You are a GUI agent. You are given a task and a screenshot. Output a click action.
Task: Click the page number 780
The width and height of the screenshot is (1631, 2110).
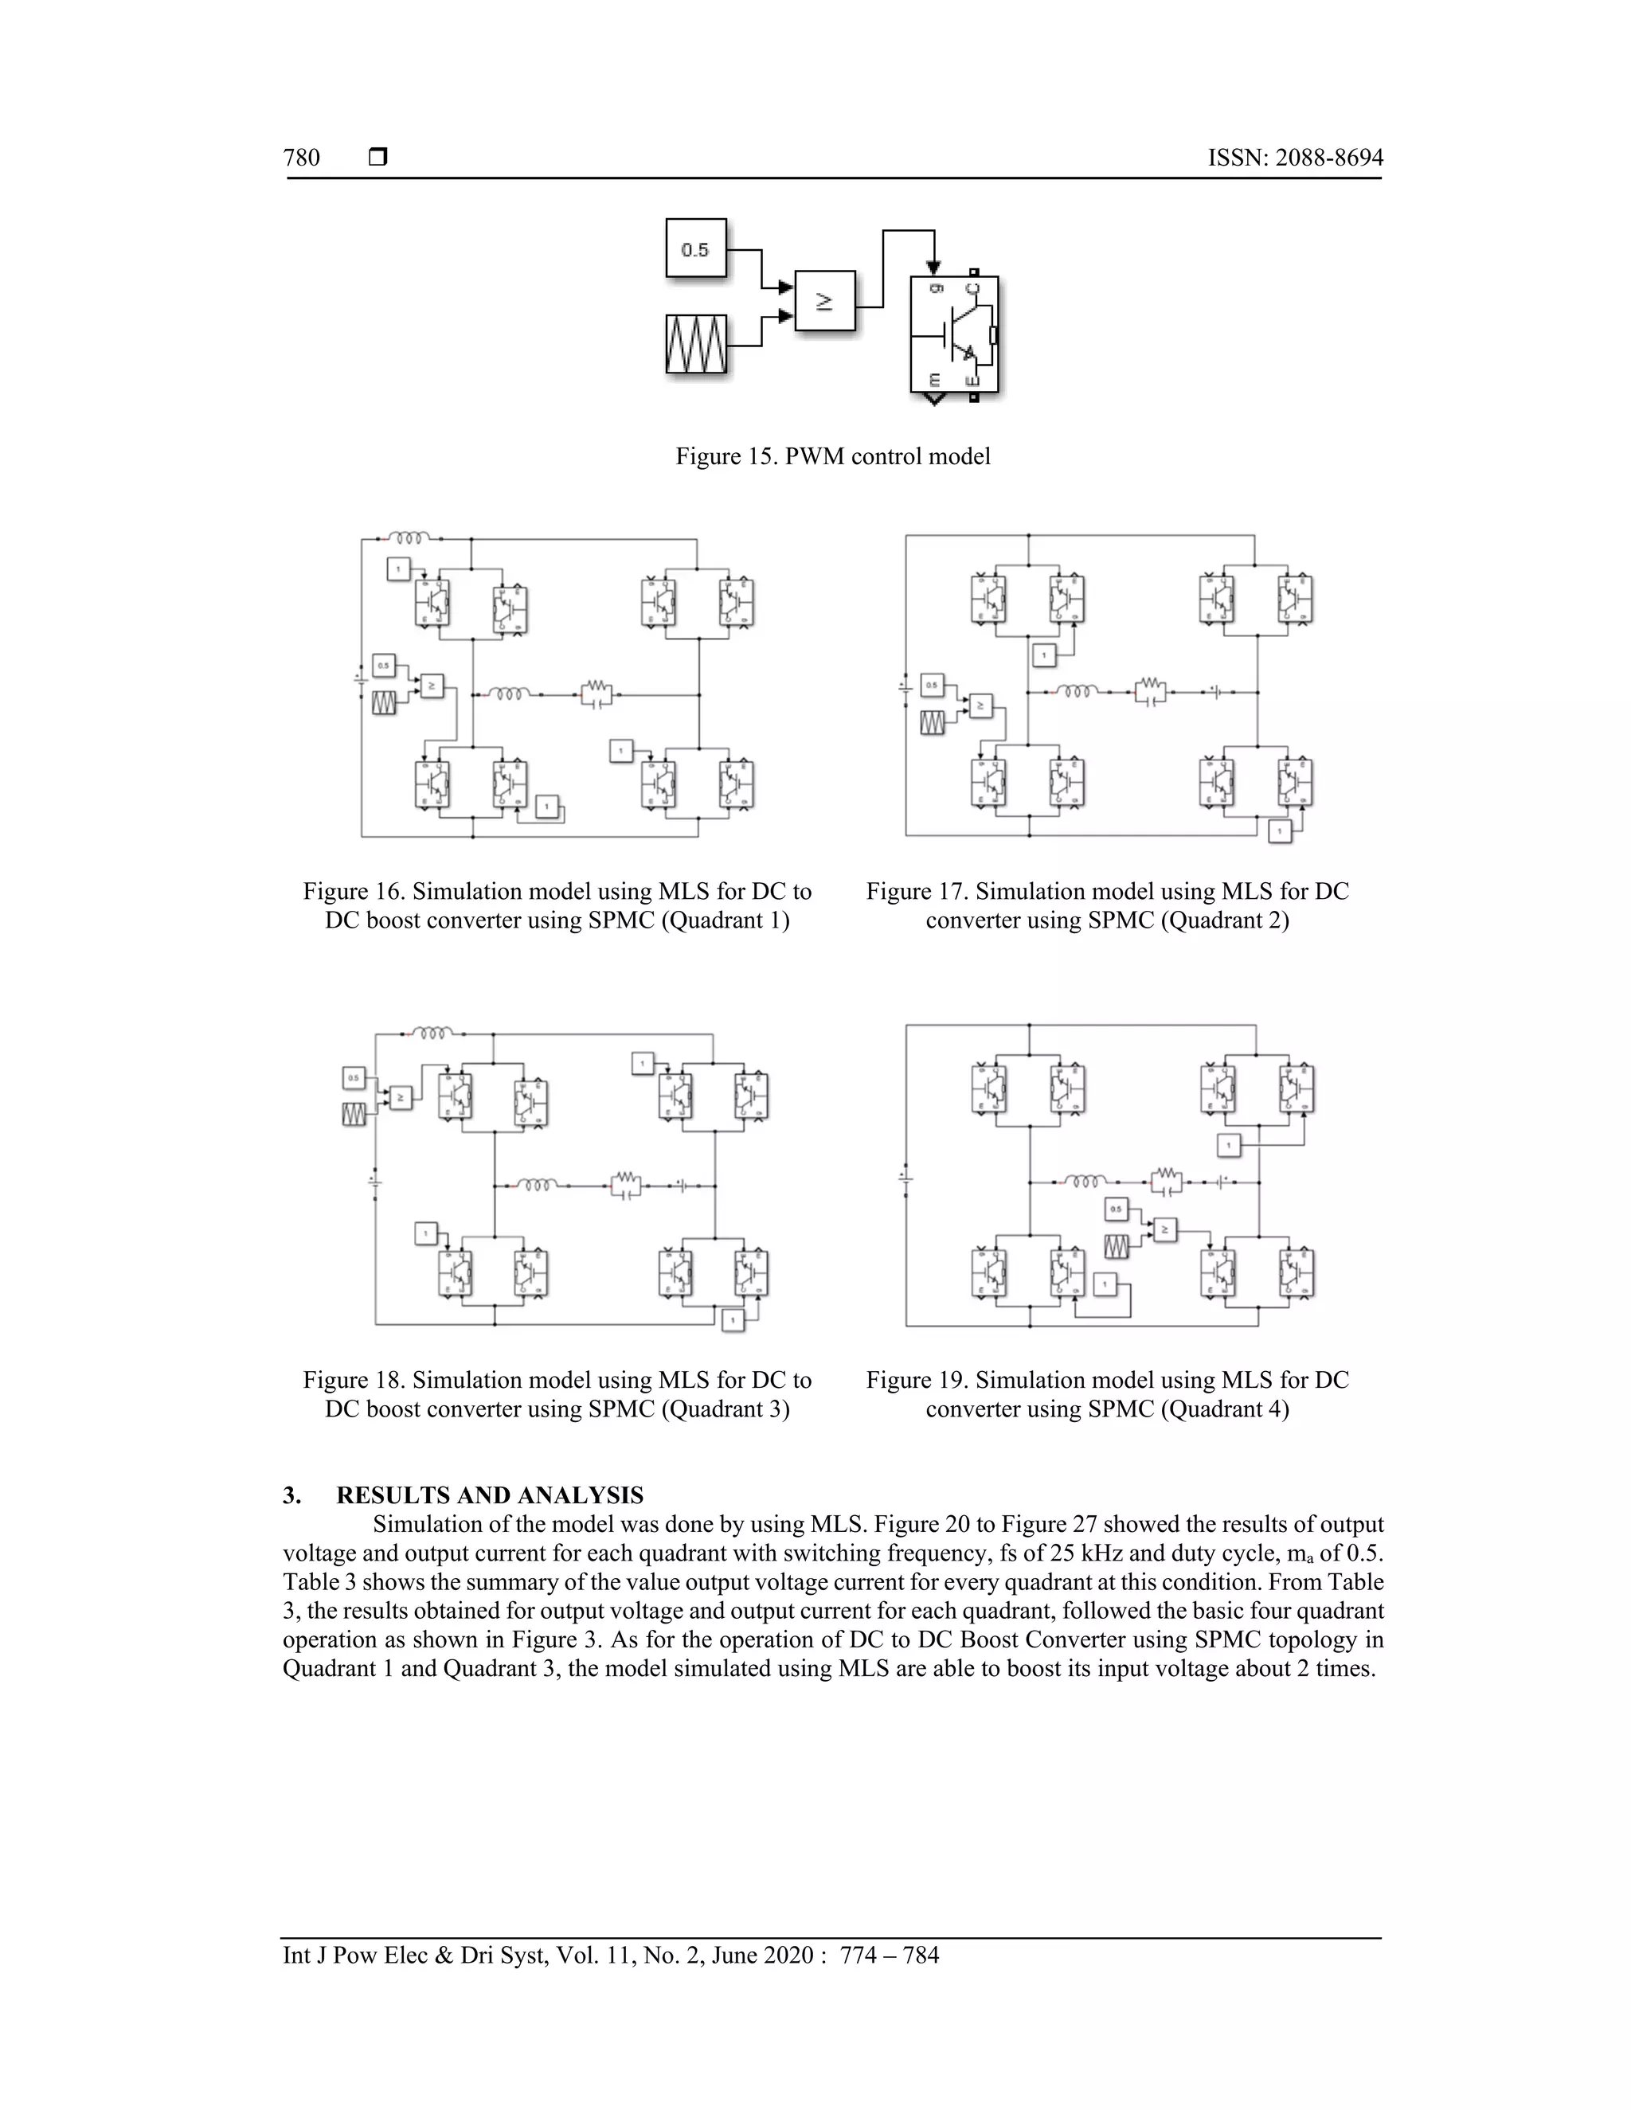click(x=302, y=158)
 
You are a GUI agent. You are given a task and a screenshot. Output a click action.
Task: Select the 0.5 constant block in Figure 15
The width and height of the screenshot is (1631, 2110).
click(x=696, y=249)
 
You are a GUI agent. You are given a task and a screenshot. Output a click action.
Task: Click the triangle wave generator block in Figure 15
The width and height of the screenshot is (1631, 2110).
click(x=696, y=344)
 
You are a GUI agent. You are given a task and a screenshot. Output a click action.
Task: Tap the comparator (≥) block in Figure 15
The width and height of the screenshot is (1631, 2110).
click(x=825, y=302)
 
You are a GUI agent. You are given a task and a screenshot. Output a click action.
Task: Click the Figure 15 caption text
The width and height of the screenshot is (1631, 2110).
click(x=833, y=456)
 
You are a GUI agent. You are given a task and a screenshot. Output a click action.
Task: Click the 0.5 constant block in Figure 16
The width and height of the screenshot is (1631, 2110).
click(x=384, y=665)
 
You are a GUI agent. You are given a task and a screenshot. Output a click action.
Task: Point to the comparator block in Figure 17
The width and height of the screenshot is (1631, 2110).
click(x=980, y=706)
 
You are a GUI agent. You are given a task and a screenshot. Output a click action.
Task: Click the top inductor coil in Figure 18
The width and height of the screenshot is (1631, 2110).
click(x=432, y=1033)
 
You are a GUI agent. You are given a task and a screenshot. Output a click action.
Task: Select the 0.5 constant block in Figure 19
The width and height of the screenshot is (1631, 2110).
click(x=1116, y=1209)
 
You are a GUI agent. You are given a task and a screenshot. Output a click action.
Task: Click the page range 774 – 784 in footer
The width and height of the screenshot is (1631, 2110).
click(x=889, y=1956)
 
